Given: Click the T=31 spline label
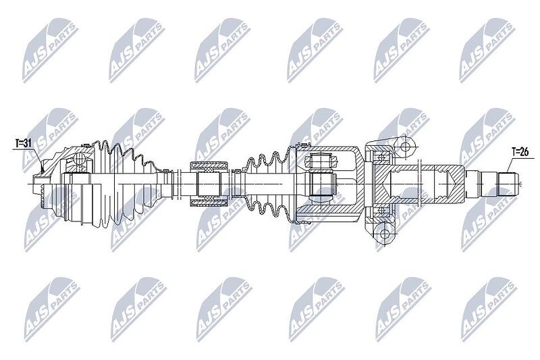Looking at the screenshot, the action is tap(24, 143).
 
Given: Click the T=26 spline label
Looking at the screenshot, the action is tap(520, 151).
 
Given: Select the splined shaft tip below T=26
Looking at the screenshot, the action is tap(508, 184).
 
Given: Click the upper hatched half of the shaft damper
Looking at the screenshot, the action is tap(209, 166).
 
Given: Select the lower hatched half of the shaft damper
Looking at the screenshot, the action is tap(209, 202).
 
